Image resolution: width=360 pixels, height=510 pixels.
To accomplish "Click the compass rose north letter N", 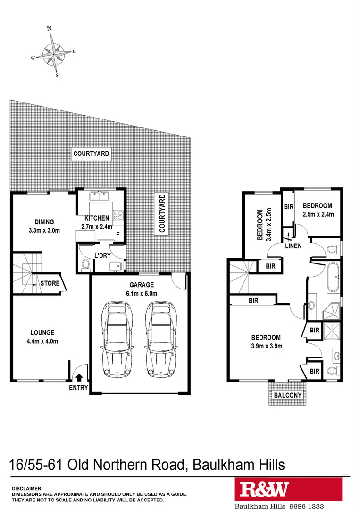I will (x=49, y=28).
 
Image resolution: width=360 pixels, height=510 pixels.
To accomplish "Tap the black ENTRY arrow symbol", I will (x=79, y=377).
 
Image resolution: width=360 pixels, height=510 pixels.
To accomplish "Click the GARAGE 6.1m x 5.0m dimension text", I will (x=142, y=293).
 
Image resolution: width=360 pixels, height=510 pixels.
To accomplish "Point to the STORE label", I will (x=50, y=284).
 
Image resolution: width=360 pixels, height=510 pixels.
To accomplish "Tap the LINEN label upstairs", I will (x=293, y=246).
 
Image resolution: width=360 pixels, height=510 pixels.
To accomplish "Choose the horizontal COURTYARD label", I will (x=91, y=153).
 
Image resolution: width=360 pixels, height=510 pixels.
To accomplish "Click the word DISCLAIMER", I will (x=26, y=489).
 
